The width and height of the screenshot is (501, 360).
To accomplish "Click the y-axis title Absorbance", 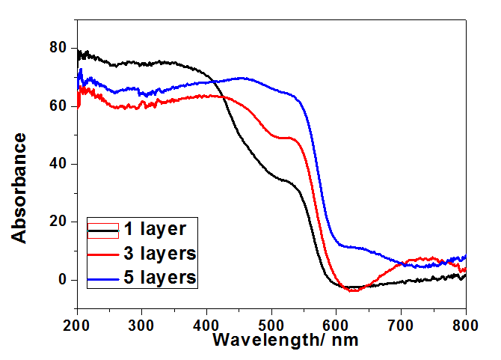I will pos(20,187).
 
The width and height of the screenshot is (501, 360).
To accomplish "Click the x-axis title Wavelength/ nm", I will pos(285,339).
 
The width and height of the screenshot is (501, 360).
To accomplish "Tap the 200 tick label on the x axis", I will pos(76,324).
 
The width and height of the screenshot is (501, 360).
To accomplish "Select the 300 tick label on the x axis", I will pos(141,324).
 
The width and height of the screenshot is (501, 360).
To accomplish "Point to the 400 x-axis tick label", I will pos(206,324).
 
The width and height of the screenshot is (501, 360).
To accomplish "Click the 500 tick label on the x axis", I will pos(271,324).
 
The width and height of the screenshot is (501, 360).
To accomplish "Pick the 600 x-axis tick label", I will pos(336,324).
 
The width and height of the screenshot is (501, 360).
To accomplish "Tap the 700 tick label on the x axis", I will pos(402,324).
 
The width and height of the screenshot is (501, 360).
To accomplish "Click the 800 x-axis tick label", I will pos(465,324).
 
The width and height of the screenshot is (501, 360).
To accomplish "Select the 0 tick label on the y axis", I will pos(63,280).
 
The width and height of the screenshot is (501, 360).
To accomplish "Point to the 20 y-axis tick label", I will pos(59,222).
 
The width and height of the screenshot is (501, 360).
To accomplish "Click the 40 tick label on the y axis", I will pos(59,164).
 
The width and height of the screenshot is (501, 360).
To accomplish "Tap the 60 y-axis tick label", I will pos(59,106).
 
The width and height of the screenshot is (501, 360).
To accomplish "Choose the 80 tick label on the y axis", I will pos(59,49).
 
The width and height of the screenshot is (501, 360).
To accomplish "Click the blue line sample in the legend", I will pos(103,279).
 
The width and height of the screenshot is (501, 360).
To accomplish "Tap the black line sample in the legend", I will pos(103,229).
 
